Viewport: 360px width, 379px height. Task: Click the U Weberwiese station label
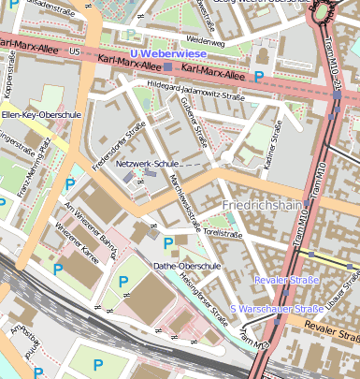coord(169,54)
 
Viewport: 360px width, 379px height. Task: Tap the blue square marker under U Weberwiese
coord(168,67)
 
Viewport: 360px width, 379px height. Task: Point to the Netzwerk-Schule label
coord(147,164)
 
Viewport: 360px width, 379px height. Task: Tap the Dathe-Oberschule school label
coord(186,265)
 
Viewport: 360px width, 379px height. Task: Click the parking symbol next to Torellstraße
coord(168,244)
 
